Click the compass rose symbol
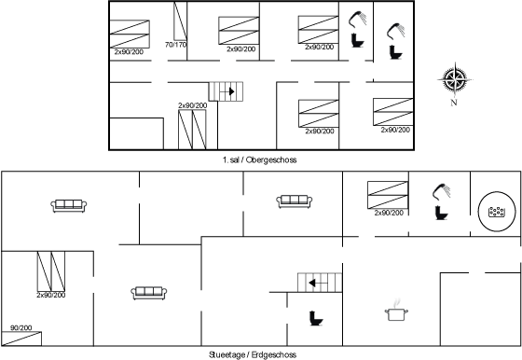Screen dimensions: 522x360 click(455, 80)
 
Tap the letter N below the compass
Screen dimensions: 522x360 click(454, 103)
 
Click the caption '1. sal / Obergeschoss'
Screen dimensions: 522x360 click(260, 159)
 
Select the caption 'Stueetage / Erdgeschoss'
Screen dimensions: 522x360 click(253, 354)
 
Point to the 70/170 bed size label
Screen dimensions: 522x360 click(176, 45)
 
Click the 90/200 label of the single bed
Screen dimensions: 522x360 click(21, 327)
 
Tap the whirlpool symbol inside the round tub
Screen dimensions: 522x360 click(497, 212)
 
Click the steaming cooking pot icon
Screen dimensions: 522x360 click(396, 311)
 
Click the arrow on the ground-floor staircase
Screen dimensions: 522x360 click(315, 284)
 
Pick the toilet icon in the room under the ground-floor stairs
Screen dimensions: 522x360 click(316, 318)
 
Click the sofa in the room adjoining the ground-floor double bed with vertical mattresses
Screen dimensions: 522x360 click(149, 293)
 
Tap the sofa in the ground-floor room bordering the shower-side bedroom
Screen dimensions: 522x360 click(295, 201)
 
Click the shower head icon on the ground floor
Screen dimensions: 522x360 click(442, 191)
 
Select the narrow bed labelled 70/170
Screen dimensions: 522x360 click(180, 21)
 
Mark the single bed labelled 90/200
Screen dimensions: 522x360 click(21, 339)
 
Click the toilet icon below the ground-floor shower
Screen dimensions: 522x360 click(442, 213)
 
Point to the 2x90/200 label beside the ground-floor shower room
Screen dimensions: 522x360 click(389, 213)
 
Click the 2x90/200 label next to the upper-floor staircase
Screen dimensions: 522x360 click(192, 105)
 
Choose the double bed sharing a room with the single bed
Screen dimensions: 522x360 click(51, 271)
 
